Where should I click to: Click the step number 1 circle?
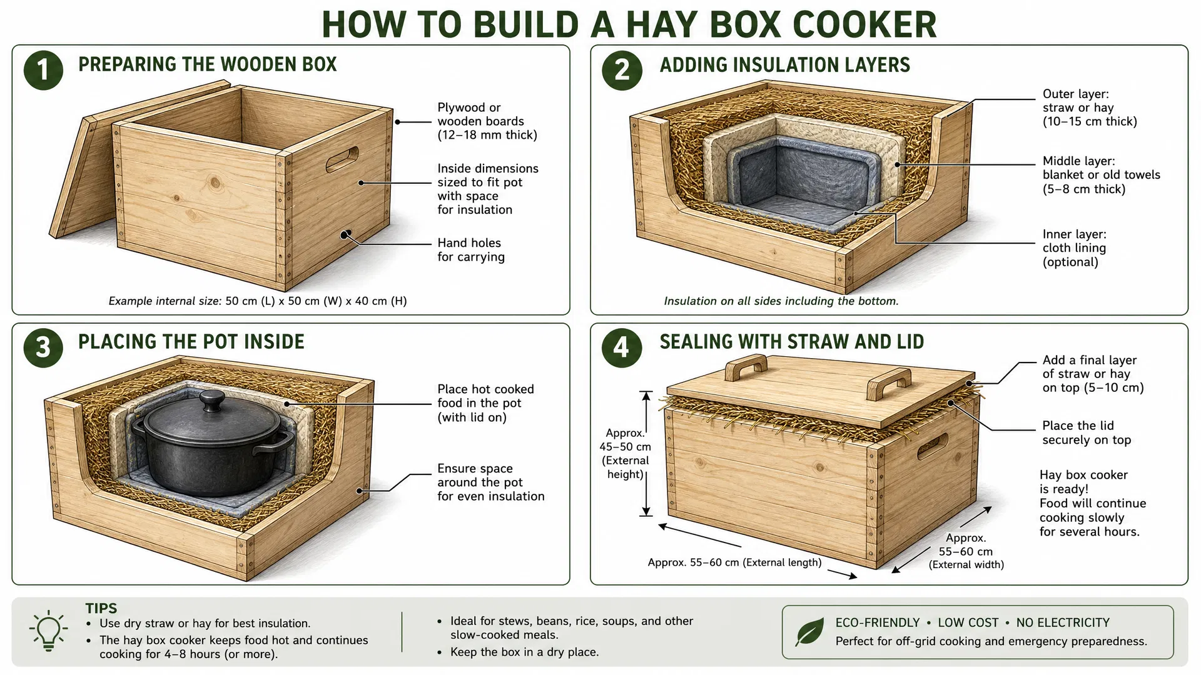(43, 69)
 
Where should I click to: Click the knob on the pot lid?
(212, 401)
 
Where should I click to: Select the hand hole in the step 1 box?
(342, 159)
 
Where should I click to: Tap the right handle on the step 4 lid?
(889, 383)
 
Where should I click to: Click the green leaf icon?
(809, 632)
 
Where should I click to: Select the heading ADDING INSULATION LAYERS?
(785, 65)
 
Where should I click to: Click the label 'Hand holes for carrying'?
(471, 250)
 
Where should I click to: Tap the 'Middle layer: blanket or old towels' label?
(1101, 175)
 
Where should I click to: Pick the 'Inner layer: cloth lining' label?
(1074, 248)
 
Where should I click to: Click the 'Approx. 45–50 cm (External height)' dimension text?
(625, 454)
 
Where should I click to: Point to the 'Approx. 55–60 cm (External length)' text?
(734, 562)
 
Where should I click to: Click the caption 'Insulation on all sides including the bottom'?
(781, 301)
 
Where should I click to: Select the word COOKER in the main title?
(864, 25)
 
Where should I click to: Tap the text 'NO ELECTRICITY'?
(1063, 623)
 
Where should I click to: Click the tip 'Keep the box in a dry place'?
(524, 652)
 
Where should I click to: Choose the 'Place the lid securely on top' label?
(1087, 432)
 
